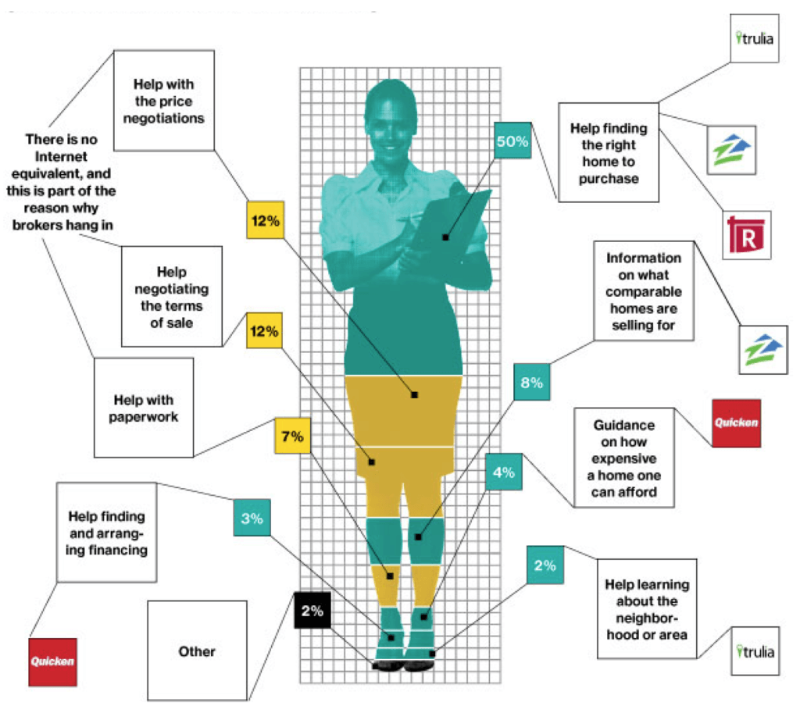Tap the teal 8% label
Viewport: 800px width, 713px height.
point(532,383)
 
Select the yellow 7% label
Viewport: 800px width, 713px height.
point(292,437)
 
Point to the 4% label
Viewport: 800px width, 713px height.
point(503,472)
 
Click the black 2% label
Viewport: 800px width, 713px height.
point(312,611)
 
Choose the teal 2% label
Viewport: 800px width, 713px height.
point(545,565)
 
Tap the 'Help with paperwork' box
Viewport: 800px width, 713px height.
point(144,408)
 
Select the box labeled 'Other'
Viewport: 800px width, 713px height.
point(196,651)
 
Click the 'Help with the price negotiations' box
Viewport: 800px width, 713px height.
point(163,101)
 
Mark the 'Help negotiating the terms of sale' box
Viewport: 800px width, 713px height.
point(171,295)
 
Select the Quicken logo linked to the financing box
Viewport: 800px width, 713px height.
point(53,661)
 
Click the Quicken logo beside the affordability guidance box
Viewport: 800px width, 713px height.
point(736,423)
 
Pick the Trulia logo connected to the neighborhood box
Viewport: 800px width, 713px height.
point(755,651)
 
